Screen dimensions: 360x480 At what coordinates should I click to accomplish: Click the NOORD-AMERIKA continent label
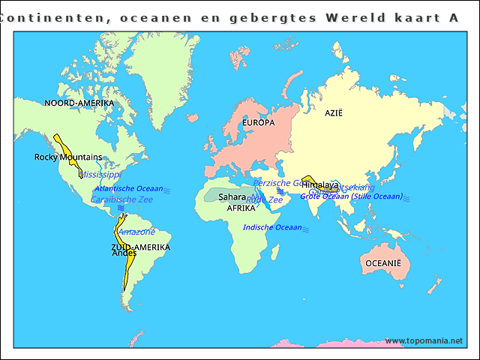pos(79,103)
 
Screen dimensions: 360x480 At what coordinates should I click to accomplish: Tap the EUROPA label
pos(259,122)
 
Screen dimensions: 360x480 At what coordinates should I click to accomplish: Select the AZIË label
pos(333,112)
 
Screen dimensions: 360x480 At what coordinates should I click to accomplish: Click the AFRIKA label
pos(241,208)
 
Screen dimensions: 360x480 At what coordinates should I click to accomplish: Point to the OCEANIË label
pos(383,263)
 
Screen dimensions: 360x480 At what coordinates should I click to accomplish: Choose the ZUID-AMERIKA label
pos(140,247)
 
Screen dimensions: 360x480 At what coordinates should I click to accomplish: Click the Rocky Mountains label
pos(68,157)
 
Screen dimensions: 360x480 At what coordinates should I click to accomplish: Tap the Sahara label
pos(232,197)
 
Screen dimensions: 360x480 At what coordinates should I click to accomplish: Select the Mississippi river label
pos(100,174)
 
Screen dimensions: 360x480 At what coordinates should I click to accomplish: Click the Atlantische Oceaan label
pos(129,189)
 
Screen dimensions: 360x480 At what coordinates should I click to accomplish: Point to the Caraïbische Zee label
pos(121,199)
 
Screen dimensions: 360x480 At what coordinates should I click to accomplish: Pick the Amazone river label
pos(136,232)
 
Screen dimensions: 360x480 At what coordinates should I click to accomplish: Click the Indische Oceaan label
pos(273,227)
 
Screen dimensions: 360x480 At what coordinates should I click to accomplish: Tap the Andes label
pos(124,253)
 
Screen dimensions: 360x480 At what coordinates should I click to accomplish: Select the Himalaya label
pos(319,184)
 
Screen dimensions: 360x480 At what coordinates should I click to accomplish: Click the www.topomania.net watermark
pos(424,341)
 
